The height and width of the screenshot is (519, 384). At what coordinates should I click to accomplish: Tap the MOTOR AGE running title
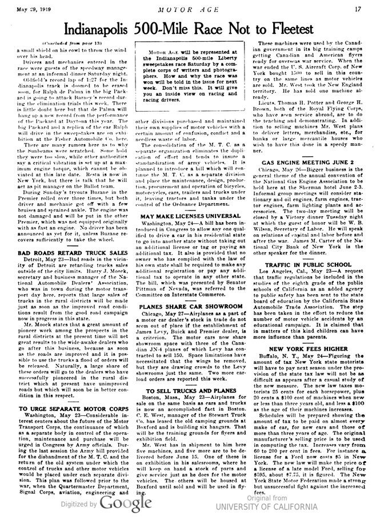tap(191, 9)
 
